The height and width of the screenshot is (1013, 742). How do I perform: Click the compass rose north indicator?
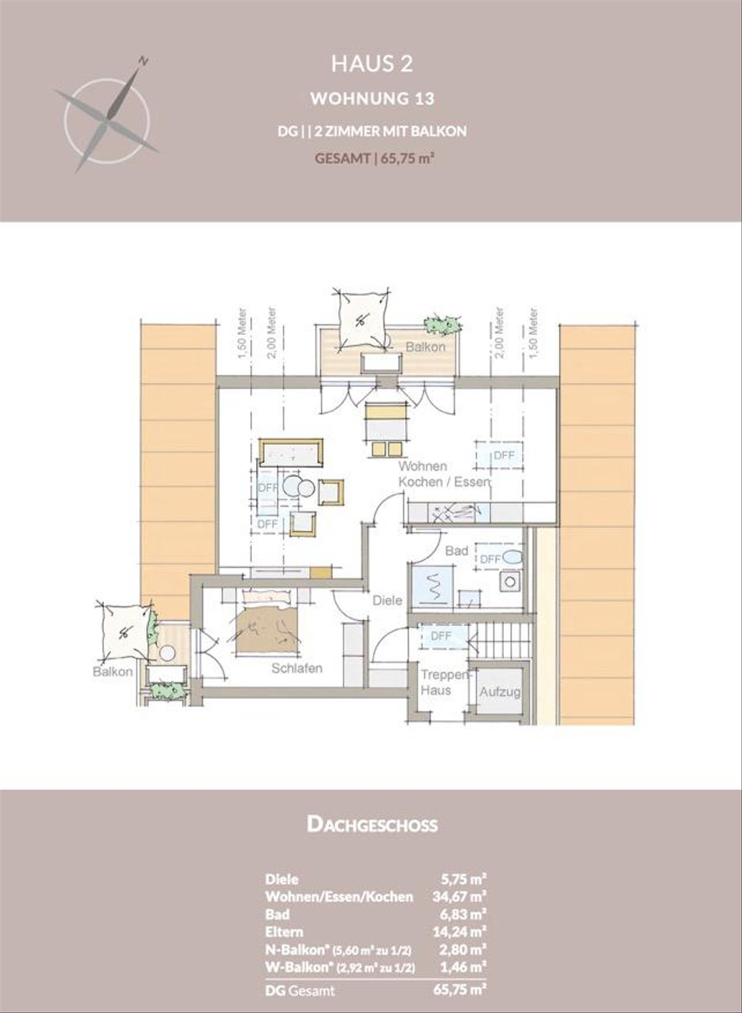[x=143, y=61]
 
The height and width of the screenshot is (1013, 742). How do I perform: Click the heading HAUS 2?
[x=372, y=64]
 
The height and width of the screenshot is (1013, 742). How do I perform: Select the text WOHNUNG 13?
[x=372, y=98]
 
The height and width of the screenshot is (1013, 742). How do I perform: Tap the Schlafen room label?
[x=297, y=668]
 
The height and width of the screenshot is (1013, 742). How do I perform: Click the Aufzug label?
[x=500, y=692]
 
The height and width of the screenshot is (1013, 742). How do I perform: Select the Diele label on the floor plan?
[x=387, y=600]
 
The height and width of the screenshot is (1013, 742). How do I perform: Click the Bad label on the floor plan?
[x=456, y=550]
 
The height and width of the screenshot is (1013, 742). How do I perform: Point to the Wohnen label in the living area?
[x=422, y=466]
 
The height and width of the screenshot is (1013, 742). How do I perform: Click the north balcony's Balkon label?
[x=425, y=347]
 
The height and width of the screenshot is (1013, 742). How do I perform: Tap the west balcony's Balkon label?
[x=113, y=672]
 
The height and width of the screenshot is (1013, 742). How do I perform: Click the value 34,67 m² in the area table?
[x=459, y=896]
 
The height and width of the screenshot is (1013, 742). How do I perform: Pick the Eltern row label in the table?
[x=284, y=931]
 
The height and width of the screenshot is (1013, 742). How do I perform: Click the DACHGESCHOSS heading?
[x=372, y=824]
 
